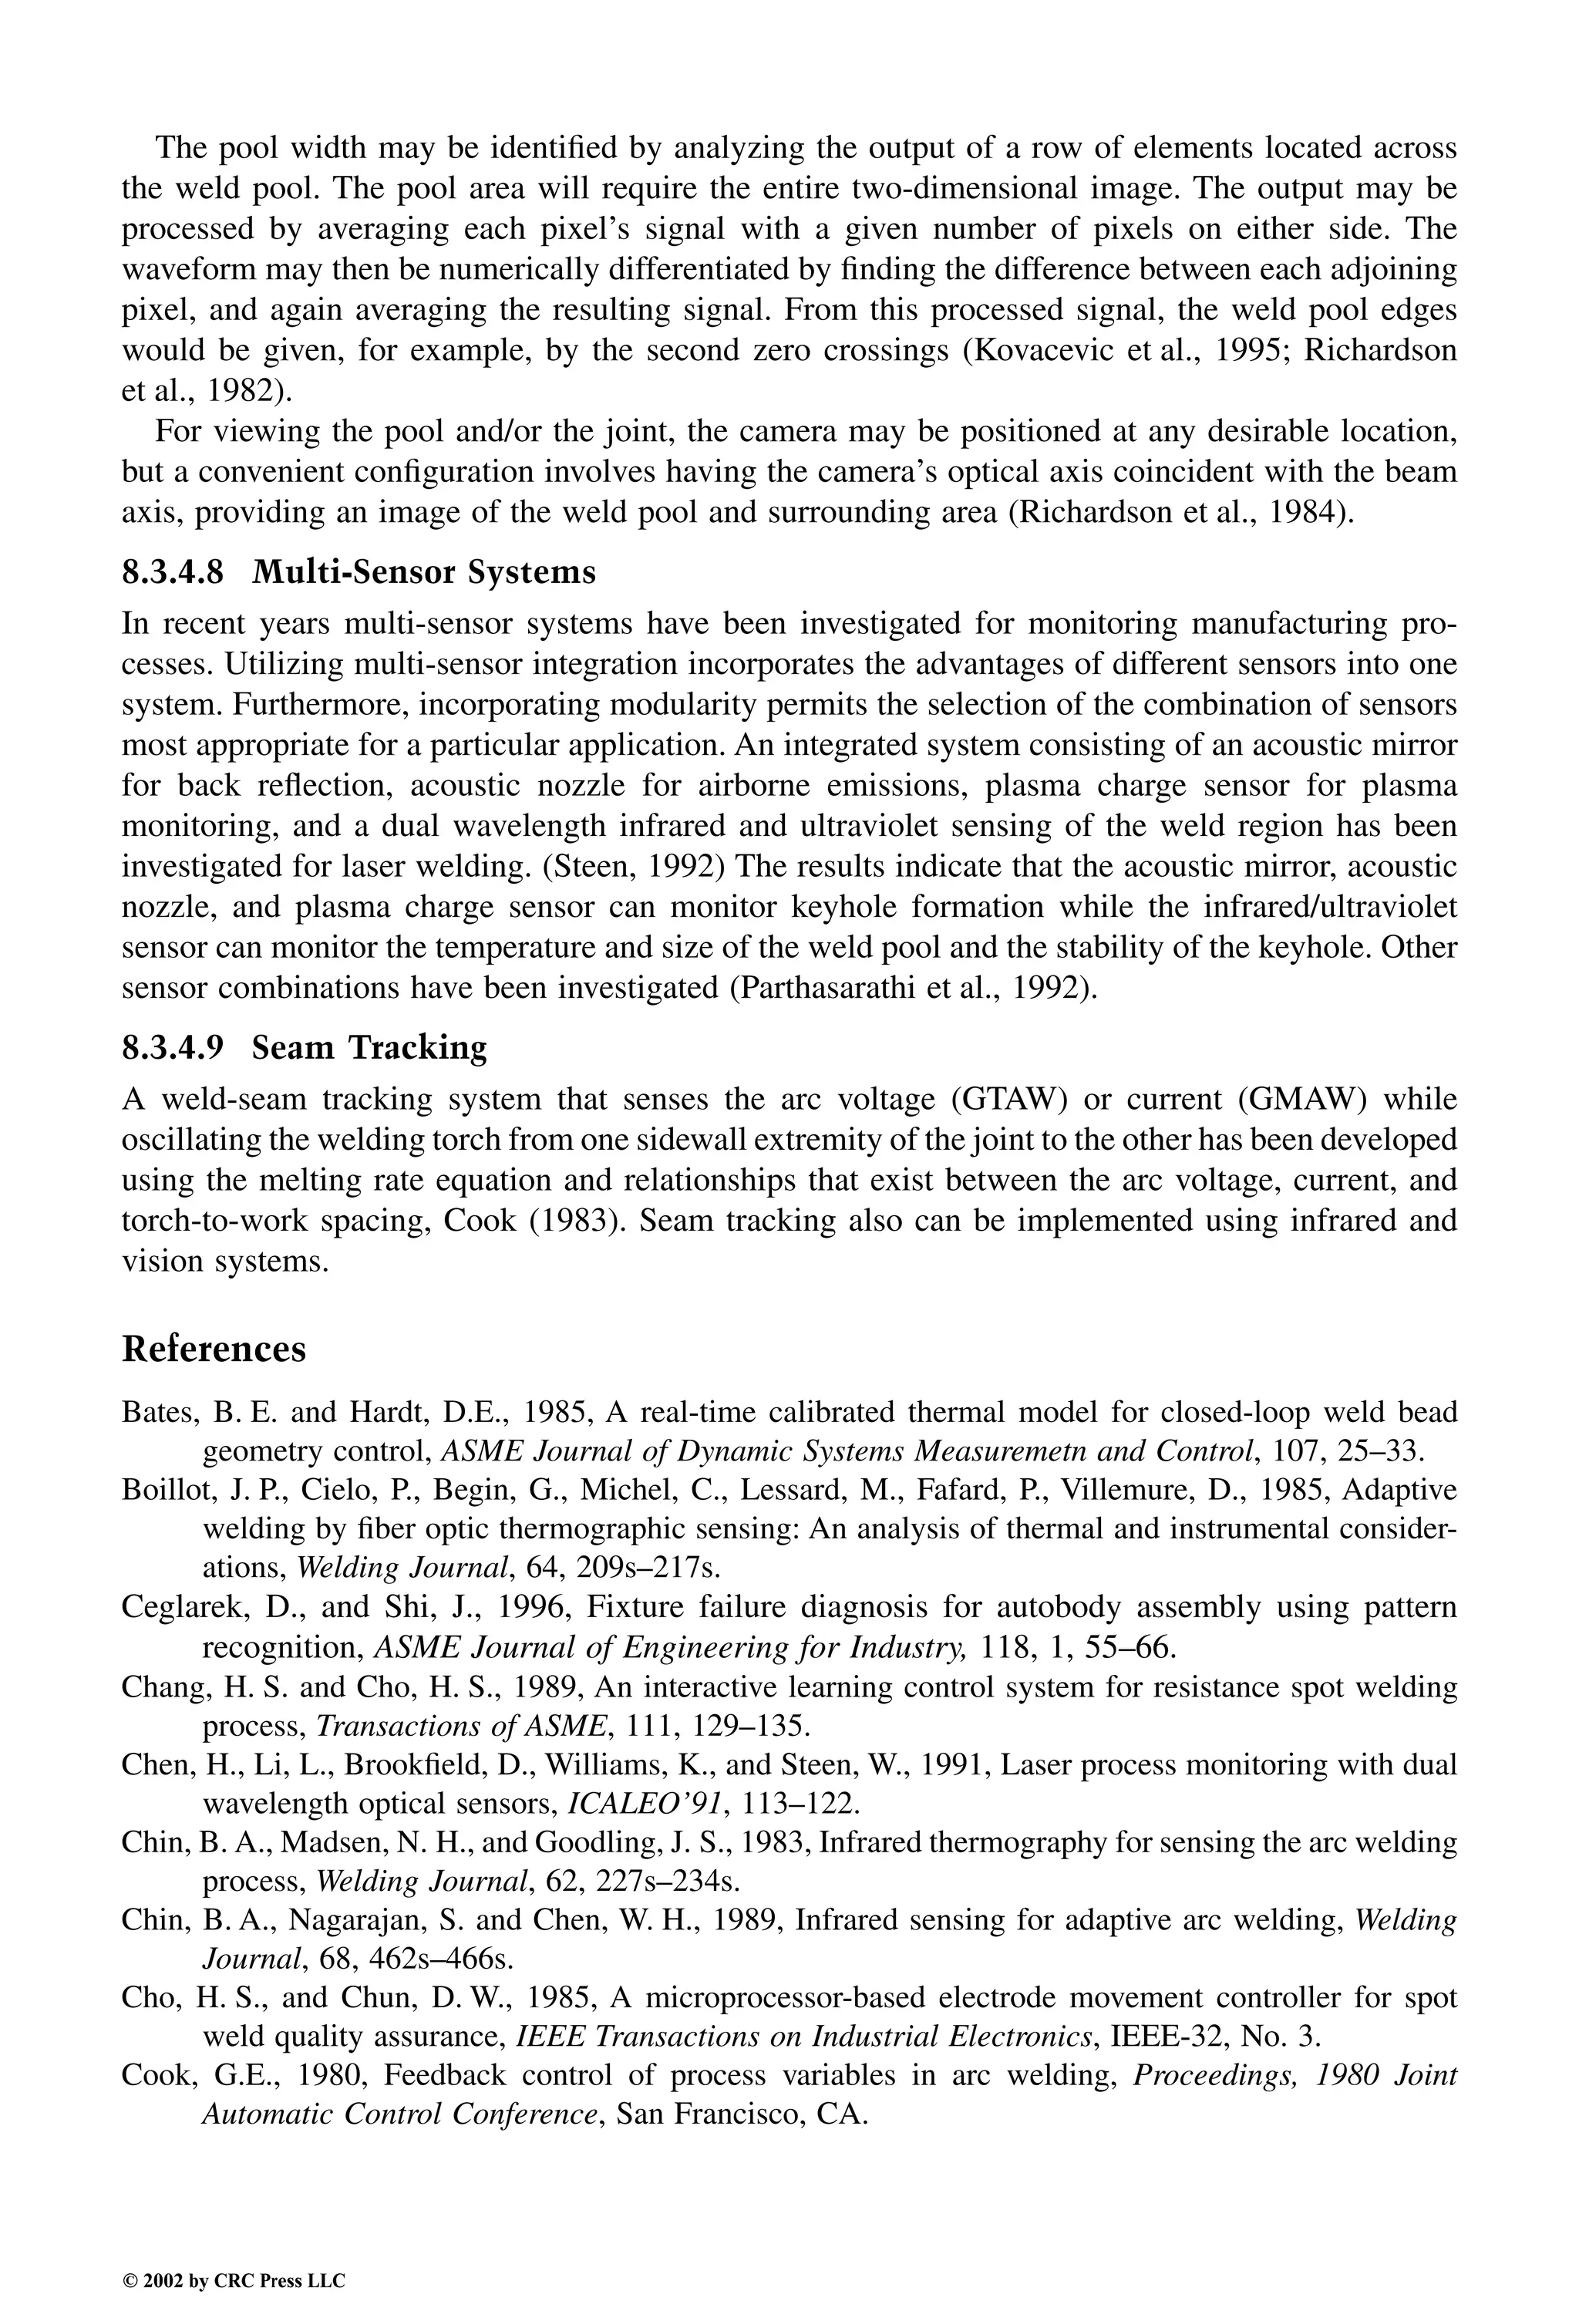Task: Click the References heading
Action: pos(214,1349)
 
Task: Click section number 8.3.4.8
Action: pos(173,573)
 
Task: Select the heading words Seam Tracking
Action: pos(369,1048)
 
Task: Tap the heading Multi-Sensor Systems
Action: pos(424,573)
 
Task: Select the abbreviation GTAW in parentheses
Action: pos(997,1100)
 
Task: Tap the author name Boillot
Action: pos(159,1490)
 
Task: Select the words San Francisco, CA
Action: pos(742,2114)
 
